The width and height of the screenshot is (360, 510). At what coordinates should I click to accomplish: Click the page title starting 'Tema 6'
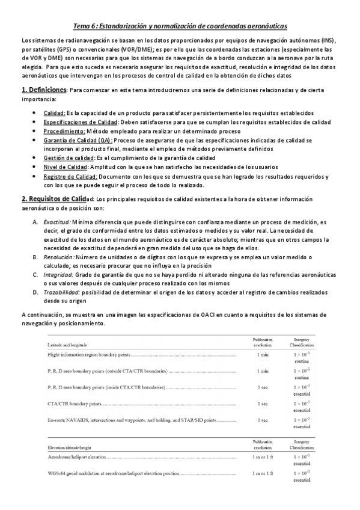[180, 26]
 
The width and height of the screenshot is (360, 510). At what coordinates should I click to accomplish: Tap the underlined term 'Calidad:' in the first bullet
[55, 113]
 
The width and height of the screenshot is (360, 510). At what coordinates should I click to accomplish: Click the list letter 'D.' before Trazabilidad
[35, 292]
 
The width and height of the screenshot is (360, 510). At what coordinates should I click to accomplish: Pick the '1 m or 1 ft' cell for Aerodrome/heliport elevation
[263, 459]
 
